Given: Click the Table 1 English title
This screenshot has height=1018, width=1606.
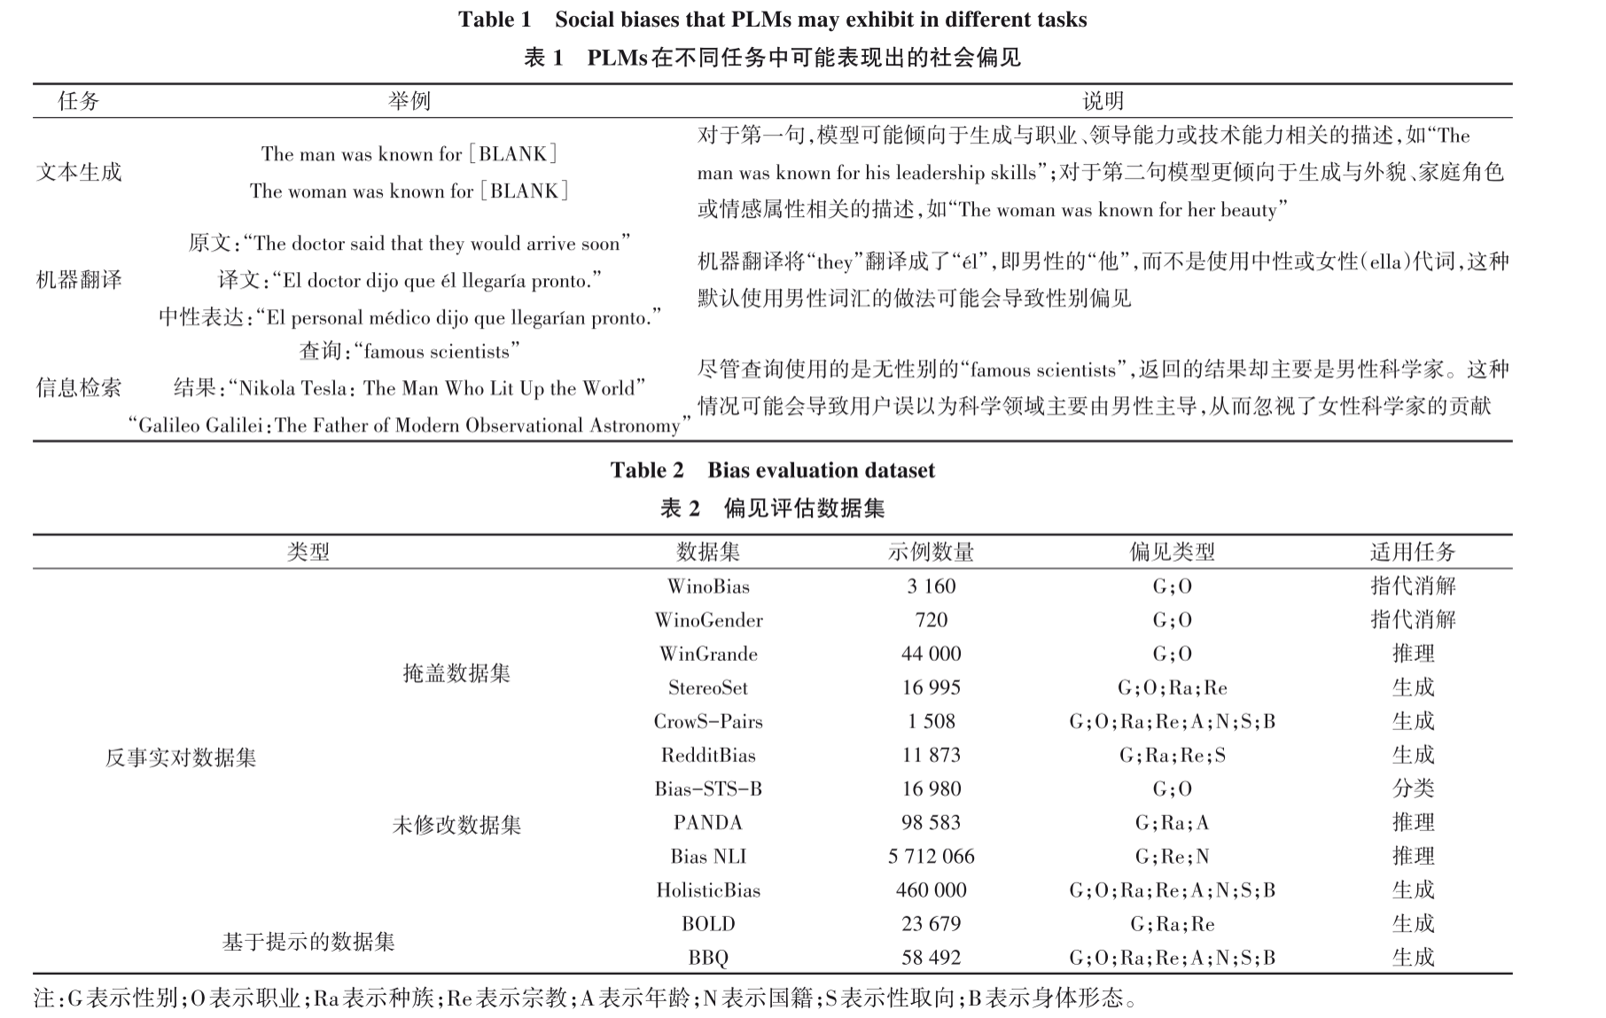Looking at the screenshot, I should tap(772, 19).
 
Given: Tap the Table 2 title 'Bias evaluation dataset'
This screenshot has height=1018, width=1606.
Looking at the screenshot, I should tap(772, 470).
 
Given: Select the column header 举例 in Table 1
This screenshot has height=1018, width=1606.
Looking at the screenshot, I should tap(409, 101).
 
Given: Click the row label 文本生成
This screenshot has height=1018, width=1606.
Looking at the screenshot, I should tap(79, 172).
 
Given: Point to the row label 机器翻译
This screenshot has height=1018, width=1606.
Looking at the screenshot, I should tap(79, 280).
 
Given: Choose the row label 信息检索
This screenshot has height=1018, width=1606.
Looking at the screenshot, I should tap(79, 387).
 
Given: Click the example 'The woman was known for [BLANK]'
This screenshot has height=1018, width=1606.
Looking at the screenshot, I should tap(409, 190).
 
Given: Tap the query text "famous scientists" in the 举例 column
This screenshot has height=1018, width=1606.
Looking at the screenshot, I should tap(409, 352).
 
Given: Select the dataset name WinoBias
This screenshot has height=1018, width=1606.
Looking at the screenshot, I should tap(708, 587).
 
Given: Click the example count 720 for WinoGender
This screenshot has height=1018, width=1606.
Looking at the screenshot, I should tap(931, 620).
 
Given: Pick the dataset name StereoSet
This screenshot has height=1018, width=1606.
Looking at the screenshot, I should tap(708, 688).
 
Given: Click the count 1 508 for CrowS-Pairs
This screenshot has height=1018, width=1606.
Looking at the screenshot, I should tap(931, 721).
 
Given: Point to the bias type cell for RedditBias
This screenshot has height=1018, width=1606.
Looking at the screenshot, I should tap(1172, 755).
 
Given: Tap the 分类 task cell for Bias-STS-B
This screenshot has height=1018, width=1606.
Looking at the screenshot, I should tap(1413, 789).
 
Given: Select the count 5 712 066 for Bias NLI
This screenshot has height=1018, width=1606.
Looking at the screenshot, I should tap(931, 856).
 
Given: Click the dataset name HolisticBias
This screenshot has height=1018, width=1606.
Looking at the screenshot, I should tap(708, 890).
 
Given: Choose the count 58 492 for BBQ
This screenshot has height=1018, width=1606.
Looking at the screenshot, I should tap(931, 957).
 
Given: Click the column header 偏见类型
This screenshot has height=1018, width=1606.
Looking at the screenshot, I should tap(1172, 552).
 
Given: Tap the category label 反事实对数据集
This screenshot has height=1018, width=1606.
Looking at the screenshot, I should tap(181, 758).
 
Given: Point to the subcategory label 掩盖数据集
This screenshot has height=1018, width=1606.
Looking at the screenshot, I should tap(456, 673).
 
